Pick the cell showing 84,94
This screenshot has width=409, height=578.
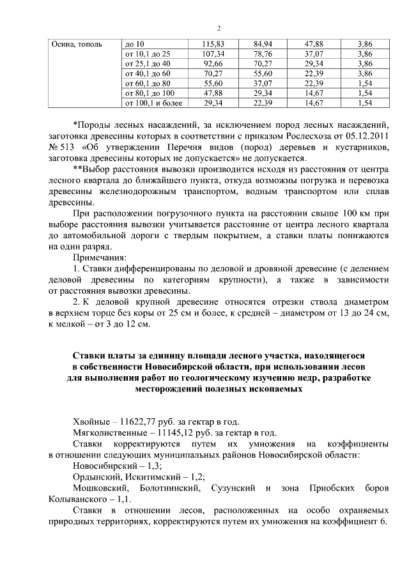[263, 44]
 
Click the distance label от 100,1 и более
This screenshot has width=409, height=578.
[154, 103]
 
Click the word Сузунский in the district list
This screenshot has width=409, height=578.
[233, 489]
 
